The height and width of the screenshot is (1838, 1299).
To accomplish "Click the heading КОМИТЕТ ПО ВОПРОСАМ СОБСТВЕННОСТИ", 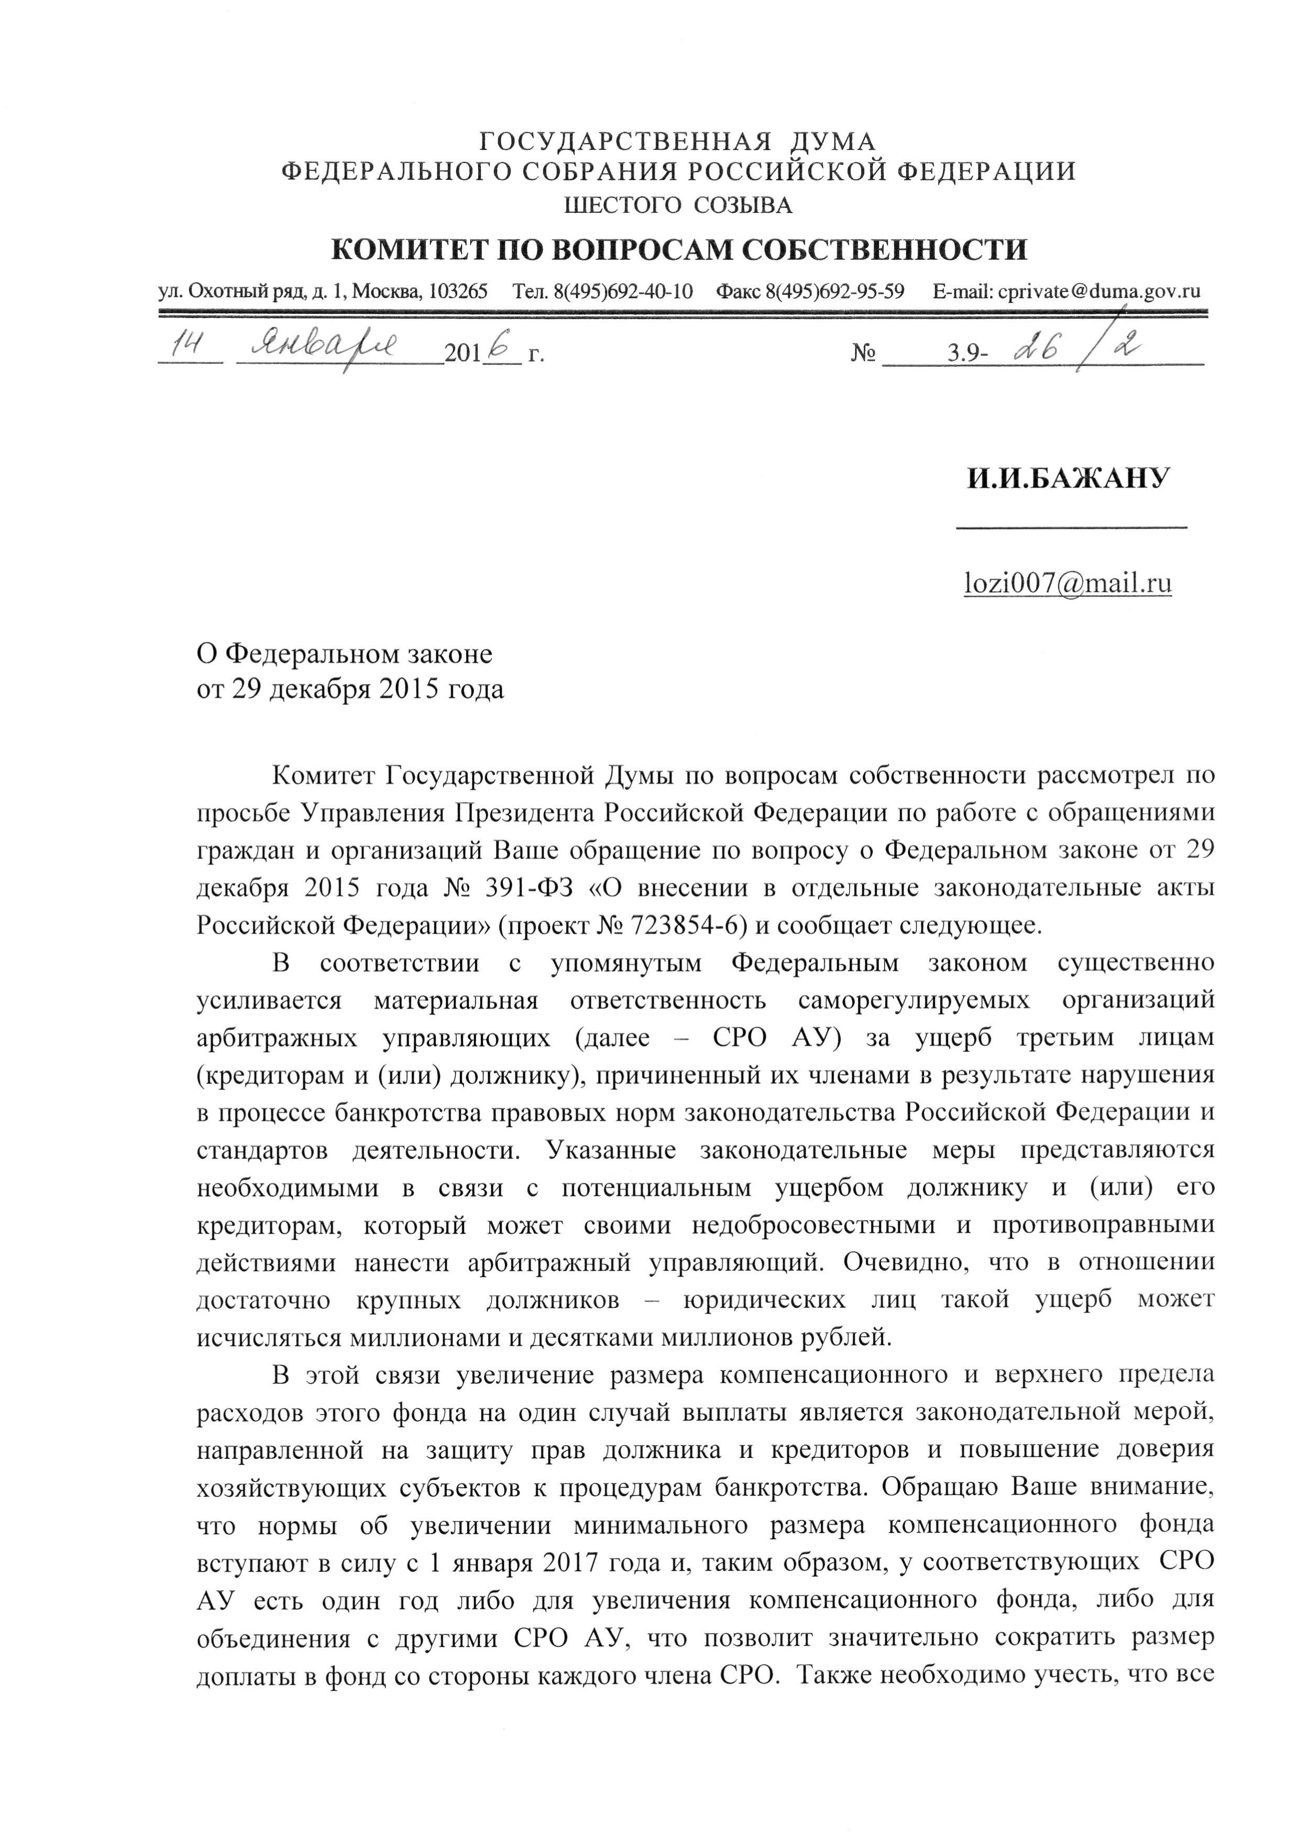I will click(x=679, y=250).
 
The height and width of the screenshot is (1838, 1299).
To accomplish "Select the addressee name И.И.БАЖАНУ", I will click(x=1067, y=479).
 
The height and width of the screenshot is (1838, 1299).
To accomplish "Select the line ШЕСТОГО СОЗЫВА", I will click(x=679, y=206).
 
